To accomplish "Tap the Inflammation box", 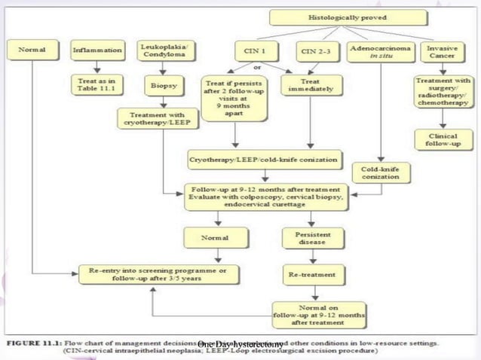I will tap(97, 50).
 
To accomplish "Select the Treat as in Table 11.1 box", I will tap(97, 81).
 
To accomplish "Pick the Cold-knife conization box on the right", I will tap(379, 174).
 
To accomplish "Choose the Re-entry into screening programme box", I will tap(159, 274).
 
